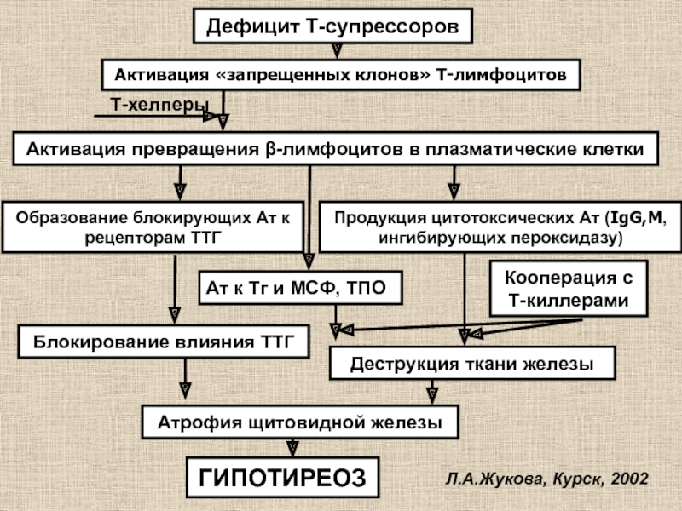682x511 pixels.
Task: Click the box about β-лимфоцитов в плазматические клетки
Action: click(335, 148)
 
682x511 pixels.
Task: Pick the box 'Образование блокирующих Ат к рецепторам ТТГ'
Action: click(153, 226)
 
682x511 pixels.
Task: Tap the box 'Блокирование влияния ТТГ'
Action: click(163, 342)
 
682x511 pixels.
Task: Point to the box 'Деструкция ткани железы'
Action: click(472, 364)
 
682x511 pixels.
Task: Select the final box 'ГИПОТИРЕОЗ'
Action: click(281, 478)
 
